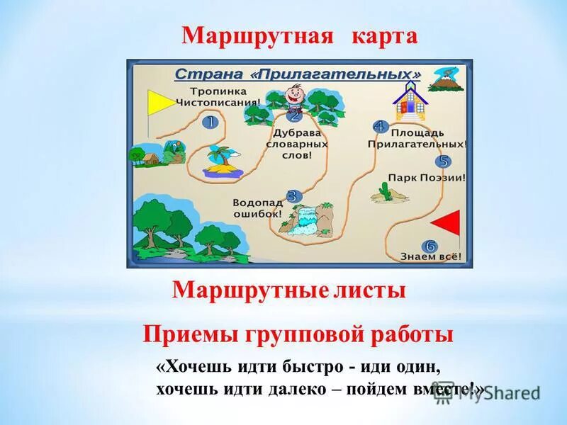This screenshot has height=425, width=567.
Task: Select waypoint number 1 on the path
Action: tap(209, 122)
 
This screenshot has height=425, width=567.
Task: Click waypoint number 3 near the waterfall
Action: tap(293, 196)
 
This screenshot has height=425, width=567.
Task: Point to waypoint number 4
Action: tap(379, 127)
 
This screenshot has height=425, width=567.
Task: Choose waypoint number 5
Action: tap(444, 161)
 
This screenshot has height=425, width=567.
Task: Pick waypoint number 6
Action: tap(430, 246)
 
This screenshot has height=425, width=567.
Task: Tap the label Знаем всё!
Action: tap(431, 256)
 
